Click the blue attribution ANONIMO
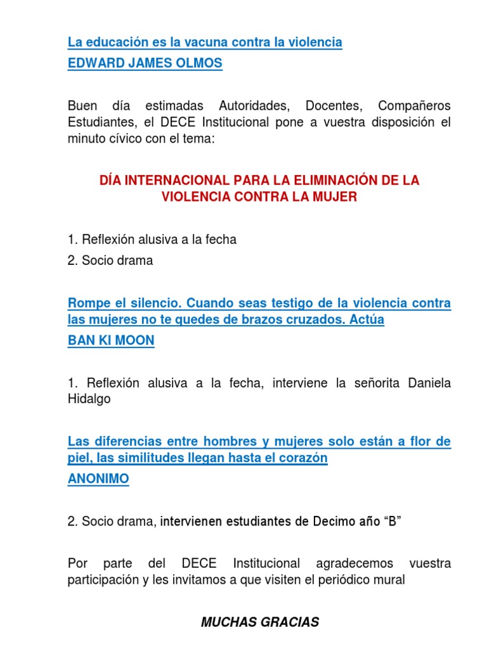pyautogui.click(x=98, y=479)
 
